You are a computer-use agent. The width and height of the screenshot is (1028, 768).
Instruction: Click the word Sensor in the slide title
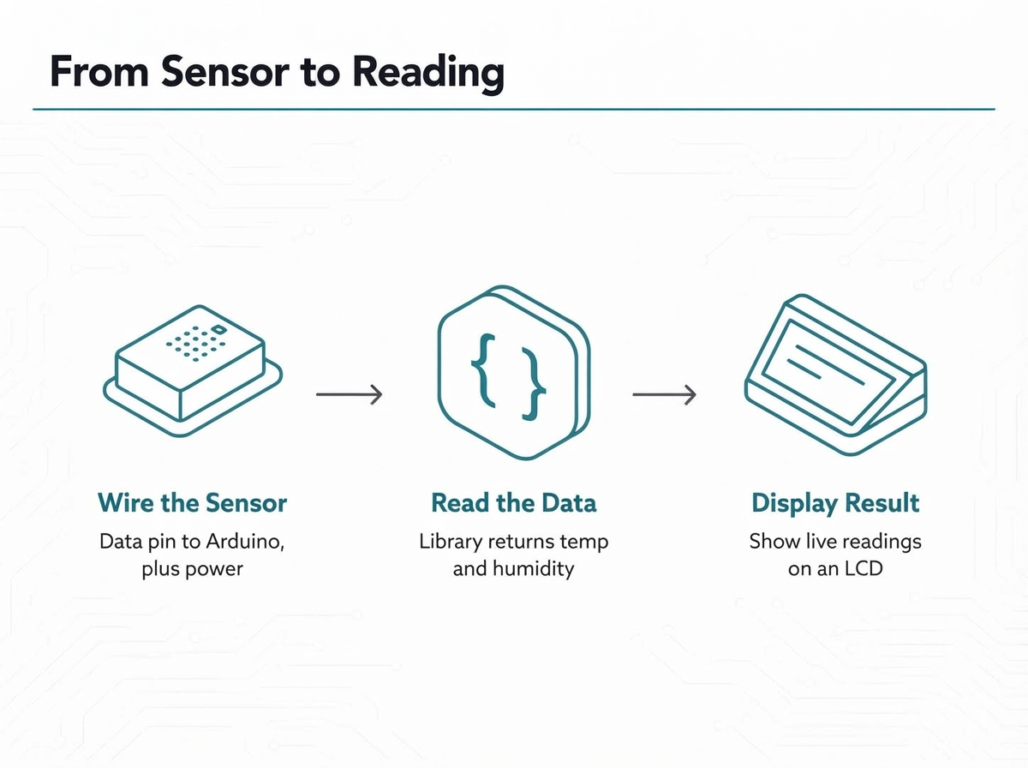pyautogui.click(x=225, y=72)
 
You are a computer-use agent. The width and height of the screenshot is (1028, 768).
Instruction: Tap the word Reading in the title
pyautogui.click(x=428, y=75)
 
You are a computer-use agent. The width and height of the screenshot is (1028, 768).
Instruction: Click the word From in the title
pyautogui.click(x=99, y=72)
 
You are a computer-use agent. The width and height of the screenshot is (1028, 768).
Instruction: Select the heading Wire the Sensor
pyautogui.click(x=192, y=503)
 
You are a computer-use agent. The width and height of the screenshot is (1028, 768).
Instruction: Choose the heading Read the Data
pyautogui.click(x=514, y=503)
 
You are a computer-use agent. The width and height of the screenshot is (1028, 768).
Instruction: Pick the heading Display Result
pyautogui.click(x=835, y=504)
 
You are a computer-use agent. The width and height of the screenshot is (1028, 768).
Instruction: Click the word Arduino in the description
pyautogui.click(x=245, y=542)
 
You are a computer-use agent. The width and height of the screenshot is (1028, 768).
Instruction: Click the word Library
pyautogui.click(x=451, y=543)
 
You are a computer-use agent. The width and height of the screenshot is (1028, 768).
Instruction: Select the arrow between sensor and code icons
pyautogui.click(x=349, y=394)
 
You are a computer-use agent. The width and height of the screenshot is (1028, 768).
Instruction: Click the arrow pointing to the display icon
pyautogui.click(x=664, y=394)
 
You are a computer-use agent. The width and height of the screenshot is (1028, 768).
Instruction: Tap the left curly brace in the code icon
pyautogui.click(x=483, y=370)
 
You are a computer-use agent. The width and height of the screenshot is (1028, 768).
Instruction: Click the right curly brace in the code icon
pyautogui.click(x=534, y=384)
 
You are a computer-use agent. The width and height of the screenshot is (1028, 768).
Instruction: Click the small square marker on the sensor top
pyautogui.click(x=218, y=329)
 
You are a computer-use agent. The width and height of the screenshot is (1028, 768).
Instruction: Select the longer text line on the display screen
pyautogui.click(x=830, y=365)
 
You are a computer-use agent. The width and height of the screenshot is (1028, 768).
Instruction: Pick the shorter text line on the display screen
pyautogui.click(x=804, y=369)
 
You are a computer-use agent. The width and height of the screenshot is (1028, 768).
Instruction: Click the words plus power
pyautogui.click(x=192, y=570)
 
